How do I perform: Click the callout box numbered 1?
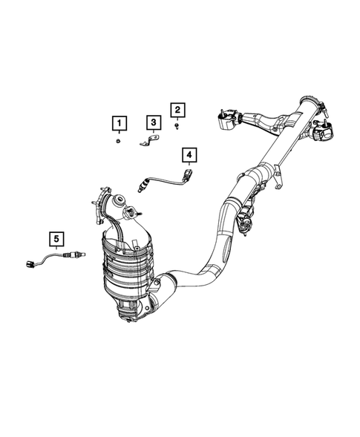coord(119,122)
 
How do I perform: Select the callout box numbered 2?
coord(177,111)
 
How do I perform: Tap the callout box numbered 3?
coord(152,122)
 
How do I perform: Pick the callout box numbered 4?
coord(189,154)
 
